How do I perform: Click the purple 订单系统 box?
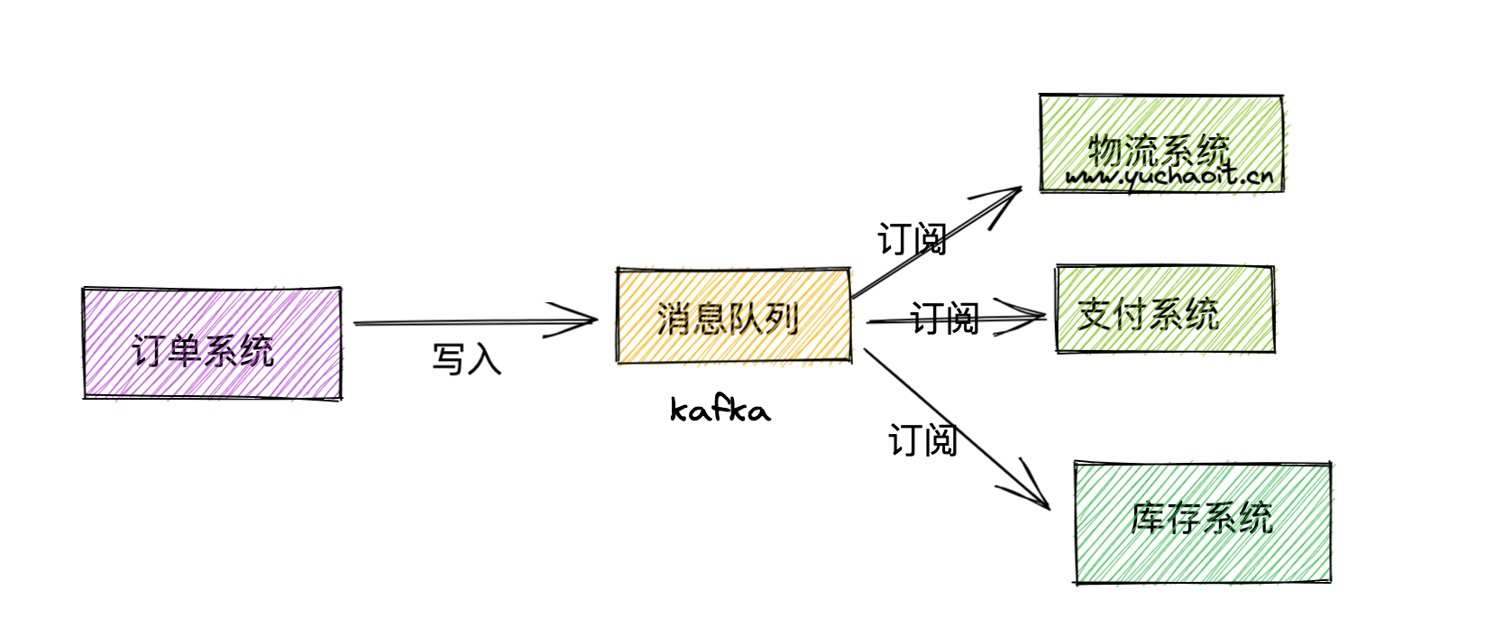click(x=212, y=343)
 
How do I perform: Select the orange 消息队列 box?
click(x=733, y=316)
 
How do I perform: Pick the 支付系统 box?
click(x=1164, y=309)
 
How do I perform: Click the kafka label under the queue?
click(x=720, y=411)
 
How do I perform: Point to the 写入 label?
click(x=466, y=359)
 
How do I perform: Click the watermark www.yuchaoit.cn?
click(x=1169, y=176)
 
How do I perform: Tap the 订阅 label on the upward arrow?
click(x=912, y=240)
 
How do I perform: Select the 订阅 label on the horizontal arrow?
click(x=944, y=318)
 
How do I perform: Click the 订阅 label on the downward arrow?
click(x=922, y=440)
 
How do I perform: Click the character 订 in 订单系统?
click(x=150, y=350)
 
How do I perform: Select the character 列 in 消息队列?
click(x=782, y=318)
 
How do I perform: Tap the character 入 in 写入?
click(x=484, y=359)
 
